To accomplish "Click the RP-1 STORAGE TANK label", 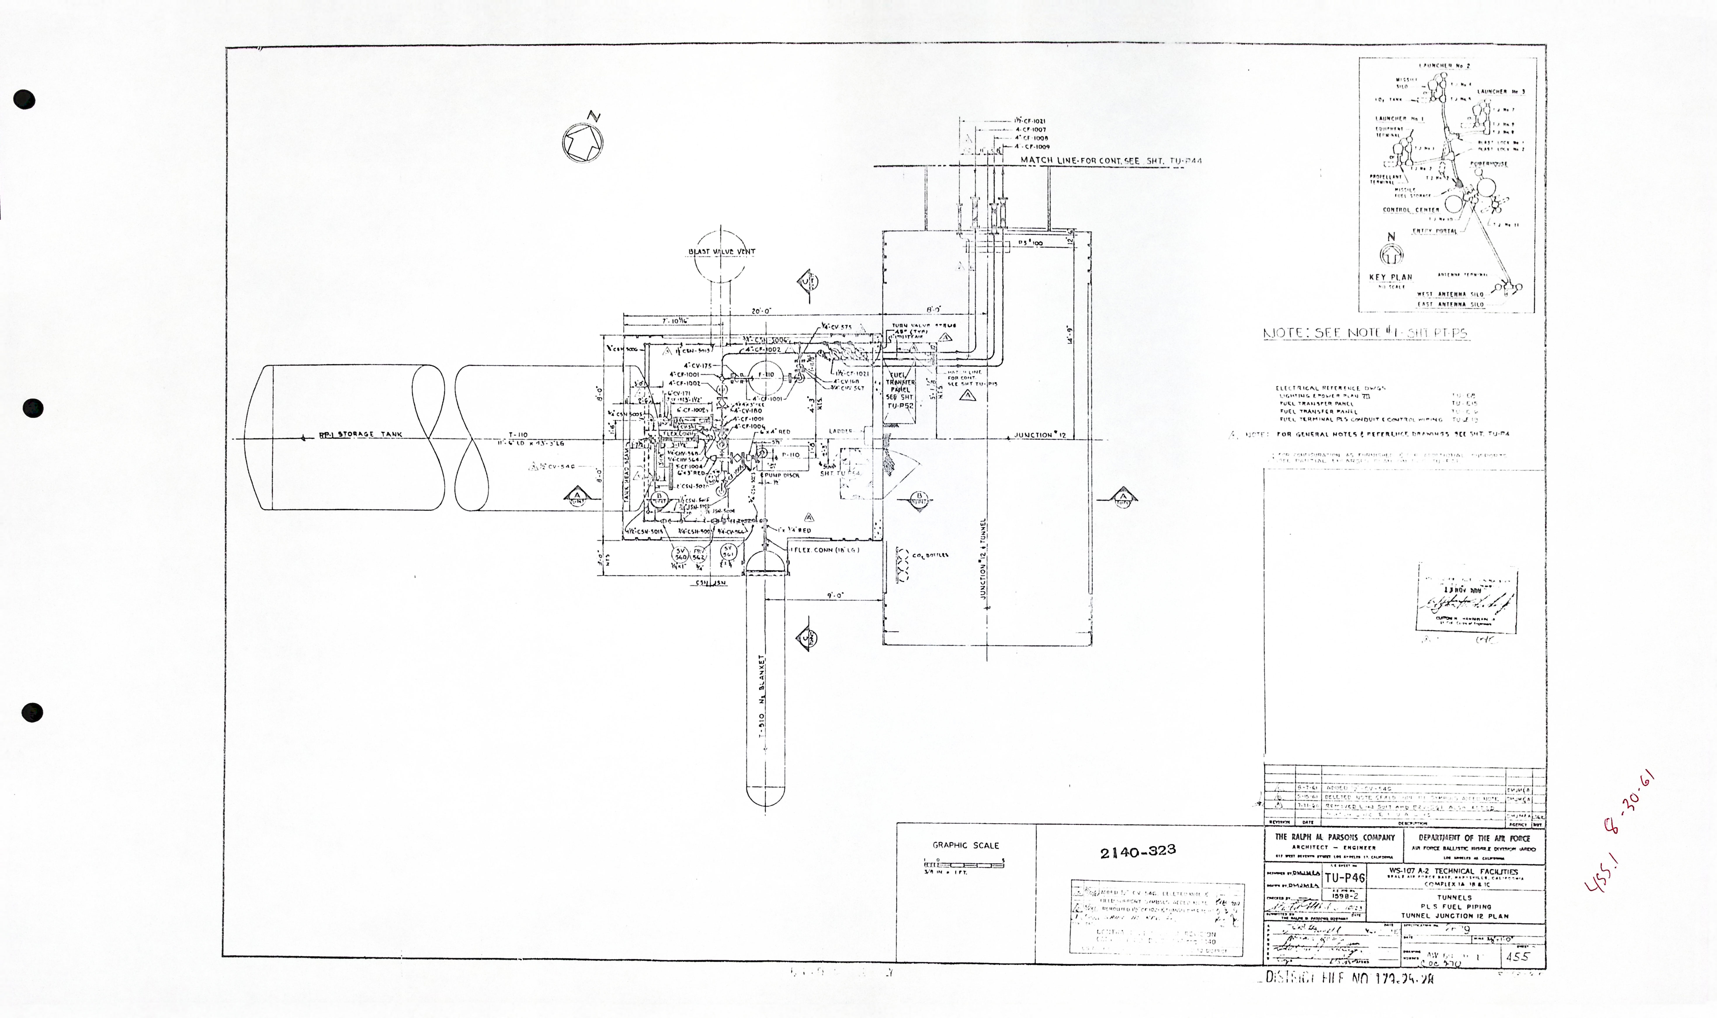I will click(x=361, y=434).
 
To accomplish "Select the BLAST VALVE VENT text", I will click(x=721, y=252).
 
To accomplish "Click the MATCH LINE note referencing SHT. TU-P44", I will click(x=1111, y=161).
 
